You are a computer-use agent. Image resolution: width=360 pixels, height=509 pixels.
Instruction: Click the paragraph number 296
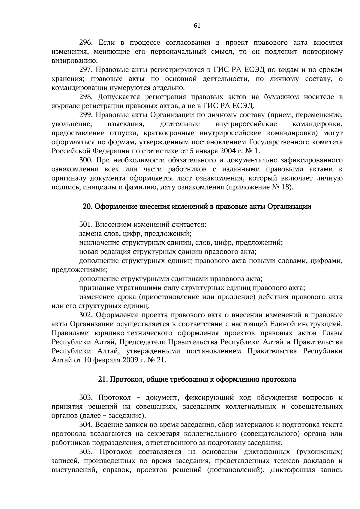85,43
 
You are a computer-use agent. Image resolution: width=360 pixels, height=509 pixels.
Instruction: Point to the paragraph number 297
85,70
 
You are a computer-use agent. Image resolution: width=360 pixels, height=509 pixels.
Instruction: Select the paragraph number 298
85,97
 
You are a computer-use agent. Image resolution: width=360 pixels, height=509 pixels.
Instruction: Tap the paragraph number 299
85,115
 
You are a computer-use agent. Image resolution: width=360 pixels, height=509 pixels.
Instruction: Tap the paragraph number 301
85,225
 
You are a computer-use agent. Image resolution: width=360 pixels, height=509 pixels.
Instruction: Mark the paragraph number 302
85,315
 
